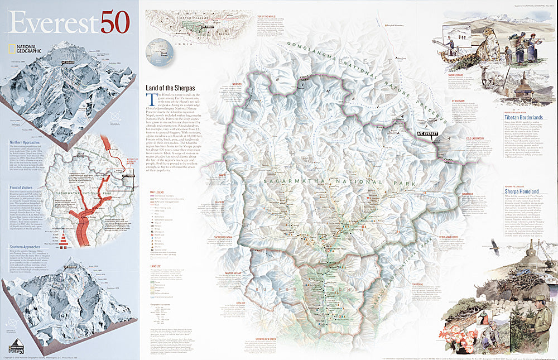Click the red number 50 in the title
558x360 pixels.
pyautogui.click(x=115, y=22)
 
